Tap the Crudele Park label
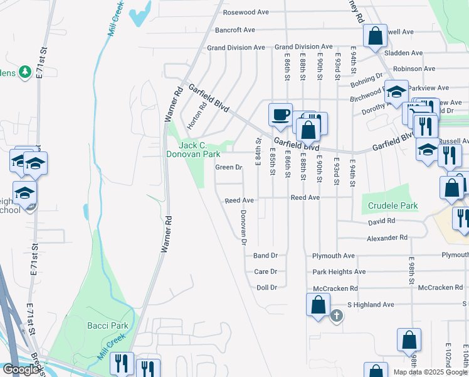[393, 205]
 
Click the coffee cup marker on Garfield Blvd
[280, 114]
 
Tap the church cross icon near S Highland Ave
[337, 315]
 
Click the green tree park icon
[25, 72]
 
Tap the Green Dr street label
[228, 168]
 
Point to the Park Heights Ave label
[339, 272]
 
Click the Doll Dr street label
[266, 288]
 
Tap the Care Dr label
[266, 272]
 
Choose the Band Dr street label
[265, 256]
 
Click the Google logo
[21, 369]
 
